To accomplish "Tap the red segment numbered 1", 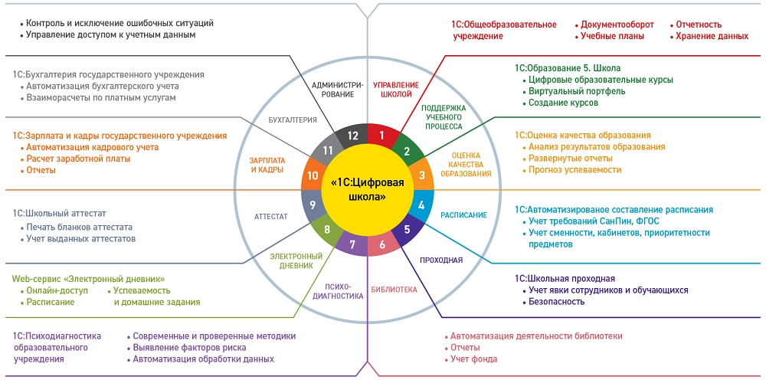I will pyautogui.click(x=381, y=136).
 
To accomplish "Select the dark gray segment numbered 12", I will pyautogui.click(x=353, y=136).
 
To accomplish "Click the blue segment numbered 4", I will pyautogui.click(x=421, y=205).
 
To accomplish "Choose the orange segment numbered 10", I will pyautogui.click(x=313, y=175).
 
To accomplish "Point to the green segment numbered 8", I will pyautogui.click(x=327, y=229).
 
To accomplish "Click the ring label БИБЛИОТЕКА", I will pyautogui.click(x=394, y=290).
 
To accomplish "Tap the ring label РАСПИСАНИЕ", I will pyautogui.click(x=463, y=215).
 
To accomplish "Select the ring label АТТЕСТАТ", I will pyautogui.click(x=271, y=216).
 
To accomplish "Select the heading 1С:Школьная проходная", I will pyautogui.click(x=565, y=278).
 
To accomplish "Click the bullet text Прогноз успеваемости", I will pyautogui.click(x=574, y=170).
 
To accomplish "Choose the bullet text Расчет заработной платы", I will pyautogui.click(x=78, y=159).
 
